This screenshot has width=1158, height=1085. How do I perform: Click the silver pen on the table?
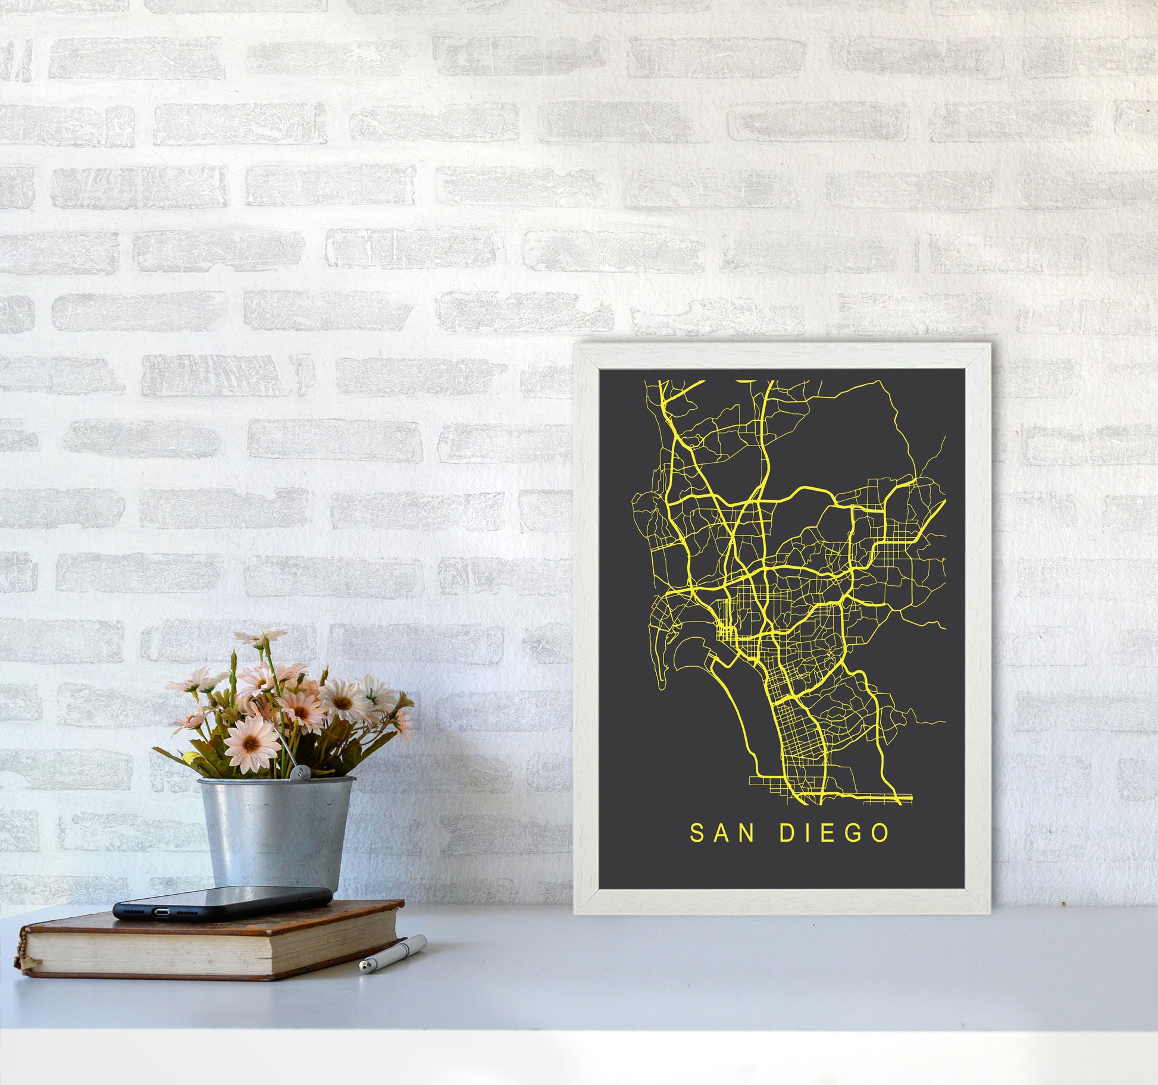click(x=393, y=954)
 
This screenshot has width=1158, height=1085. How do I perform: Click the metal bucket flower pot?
click(x=276, y=833)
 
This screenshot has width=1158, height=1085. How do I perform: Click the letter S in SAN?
click(x=697, y=833)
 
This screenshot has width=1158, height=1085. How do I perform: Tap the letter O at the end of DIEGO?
click(x=880, y=833)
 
